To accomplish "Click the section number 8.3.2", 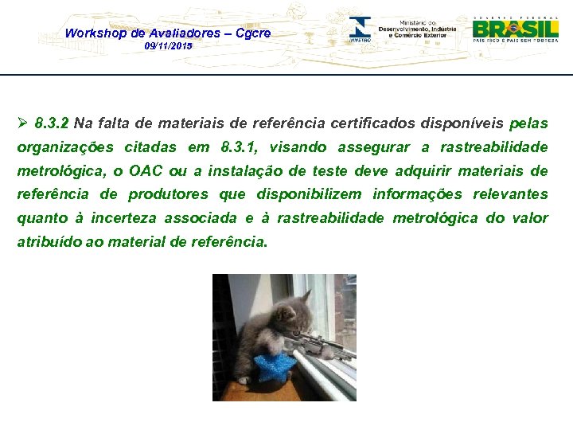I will [x=53, y=123].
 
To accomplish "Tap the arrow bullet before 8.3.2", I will [x=23, y=123].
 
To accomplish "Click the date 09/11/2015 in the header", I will [x=168, y=47].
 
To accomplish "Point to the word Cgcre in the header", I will [x=253, y=33].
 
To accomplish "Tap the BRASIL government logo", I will [x=515, y=29].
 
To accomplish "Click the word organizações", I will [x=64, y=147].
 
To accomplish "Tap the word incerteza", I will [x=127, y=218].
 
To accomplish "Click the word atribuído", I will [x=46, y=241].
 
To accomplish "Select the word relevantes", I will [x=510, y=194].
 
